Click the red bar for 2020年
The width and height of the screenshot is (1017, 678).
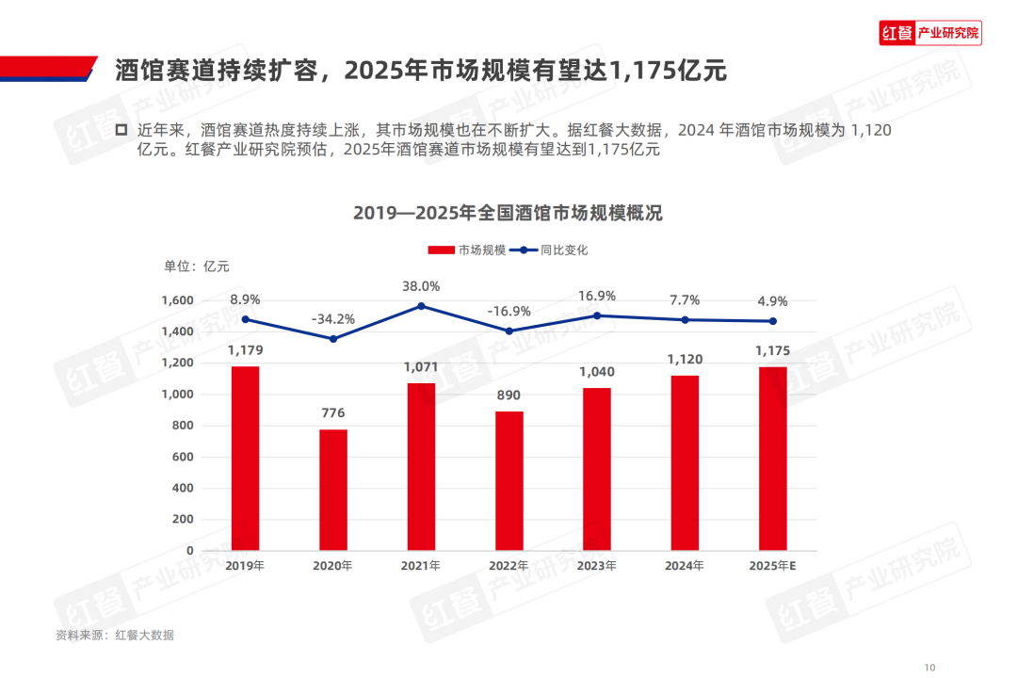333,490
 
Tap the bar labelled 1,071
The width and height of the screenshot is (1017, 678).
421,466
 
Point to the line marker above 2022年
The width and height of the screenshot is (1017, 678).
509,331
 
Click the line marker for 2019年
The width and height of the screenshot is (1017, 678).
246,319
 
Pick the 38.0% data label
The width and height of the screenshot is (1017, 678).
421,286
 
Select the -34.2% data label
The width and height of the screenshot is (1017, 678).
333,319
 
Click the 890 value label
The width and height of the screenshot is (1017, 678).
509,395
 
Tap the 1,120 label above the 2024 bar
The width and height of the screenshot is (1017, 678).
685,359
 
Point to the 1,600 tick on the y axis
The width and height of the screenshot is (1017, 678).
177,300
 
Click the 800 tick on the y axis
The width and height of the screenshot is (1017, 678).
184,426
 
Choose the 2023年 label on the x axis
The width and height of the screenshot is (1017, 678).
597,566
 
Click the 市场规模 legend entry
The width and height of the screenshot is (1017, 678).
467,250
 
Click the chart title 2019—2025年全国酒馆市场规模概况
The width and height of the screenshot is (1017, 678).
508,213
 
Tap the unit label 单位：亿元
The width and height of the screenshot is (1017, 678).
197,266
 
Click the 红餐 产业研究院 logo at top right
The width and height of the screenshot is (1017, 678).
929,34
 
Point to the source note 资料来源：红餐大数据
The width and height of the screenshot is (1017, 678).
115,635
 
